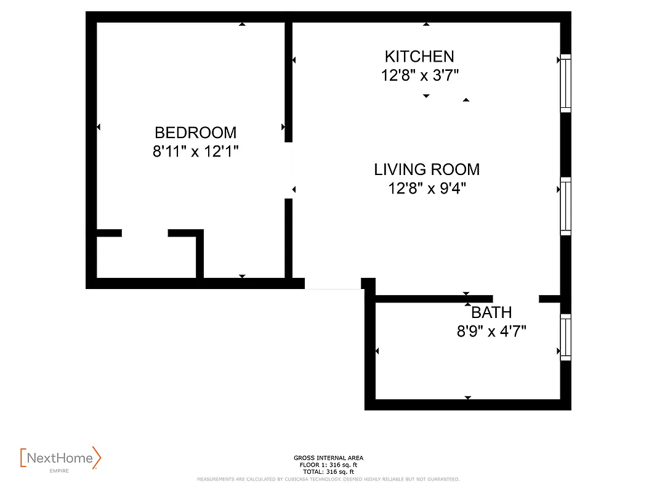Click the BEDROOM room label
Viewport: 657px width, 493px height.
195,132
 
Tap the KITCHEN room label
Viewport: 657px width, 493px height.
419,57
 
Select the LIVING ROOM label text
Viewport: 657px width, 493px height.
426,169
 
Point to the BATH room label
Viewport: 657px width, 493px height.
491,312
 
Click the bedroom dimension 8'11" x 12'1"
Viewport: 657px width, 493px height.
195,152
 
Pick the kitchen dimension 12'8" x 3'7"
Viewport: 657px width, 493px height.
419,76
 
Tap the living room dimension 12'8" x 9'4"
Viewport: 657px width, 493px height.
426,189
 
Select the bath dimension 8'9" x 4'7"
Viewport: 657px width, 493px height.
491,332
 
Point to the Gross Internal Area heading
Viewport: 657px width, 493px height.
328,458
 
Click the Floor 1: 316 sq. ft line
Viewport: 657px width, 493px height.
328,464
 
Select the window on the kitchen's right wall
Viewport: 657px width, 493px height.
565,83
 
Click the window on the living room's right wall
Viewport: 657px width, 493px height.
565,206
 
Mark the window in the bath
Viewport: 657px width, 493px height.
565,337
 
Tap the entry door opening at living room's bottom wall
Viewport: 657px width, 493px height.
333,284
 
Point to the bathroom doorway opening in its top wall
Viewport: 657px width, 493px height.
516,299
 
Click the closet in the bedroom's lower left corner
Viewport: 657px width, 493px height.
146,256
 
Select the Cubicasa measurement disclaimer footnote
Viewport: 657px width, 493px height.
328,479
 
